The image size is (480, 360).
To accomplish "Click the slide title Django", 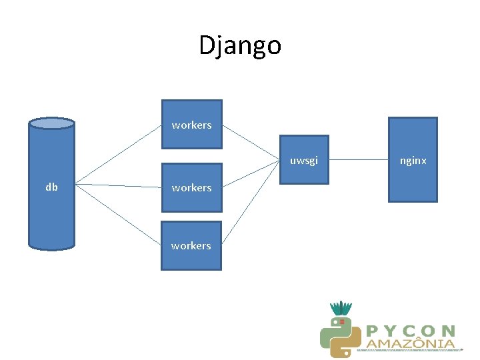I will pyautogui.click(x=240, y=45).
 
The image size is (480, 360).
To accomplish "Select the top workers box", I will pyautogui.click(x=192, y=124).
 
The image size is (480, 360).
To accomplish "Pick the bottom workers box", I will pyautogui.click(x=191, y=245).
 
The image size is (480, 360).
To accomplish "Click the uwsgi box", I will pyautogui.click(x=303, y=160).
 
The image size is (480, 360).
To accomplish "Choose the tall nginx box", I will pyautogui.click(x=413, y=160).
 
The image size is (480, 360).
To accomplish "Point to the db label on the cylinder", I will pyautogui.click(x=51, y=187).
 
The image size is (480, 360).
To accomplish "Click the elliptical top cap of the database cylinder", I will pyautogui.click(x=51, y=123).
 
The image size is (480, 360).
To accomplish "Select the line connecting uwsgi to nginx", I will pyautogui.click(x=359, y=160).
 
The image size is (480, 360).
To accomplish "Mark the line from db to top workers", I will pyautogui.click(x=119, y=155).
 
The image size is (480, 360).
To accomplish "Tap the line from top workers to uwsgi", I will pyautogui.click(x=250, y=143).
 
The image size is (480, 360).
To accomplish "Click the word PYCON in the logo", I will pyautogui.click(x=411, y=331).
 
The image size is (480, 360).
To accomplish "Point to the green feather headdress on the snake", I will pyautogui.click(x=341, y=308).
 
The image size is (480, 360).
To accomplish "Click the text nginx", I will pyautogui.click(x=413, y=161).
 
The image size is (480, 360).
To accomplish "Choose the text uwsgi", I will pyautogui.click(x=303, y=161).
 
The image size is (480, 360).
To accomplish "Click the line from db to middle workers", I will pyautogui.click(x=119, y=185).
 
